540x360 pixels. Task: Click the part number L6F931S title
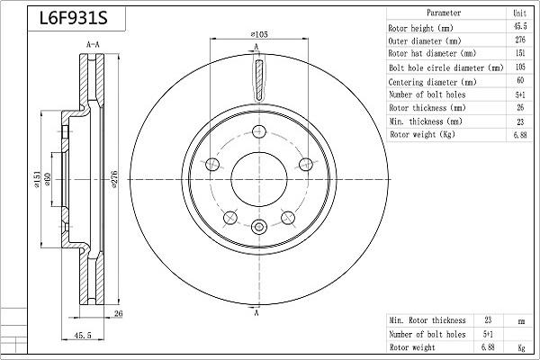click(74, 18)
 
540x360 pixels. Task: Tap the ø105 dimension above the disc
click(259, 34)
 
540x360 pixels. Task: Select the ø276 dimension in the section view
click(114, 179)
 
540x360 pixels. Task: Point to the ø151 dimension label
click(37, 179)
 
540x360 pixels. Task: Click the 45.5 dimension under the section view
click(82, 335)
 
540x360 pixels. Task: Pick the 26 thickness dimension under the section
click(118, 313)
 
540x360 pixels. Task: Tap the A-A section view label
click(93, 45)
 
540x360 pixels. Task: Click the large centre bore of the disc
click(259, 179)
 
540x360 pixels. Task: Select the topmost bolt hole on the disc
click(259, 131)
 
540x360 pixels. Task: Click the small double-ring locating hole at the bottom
click(258, 227)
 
